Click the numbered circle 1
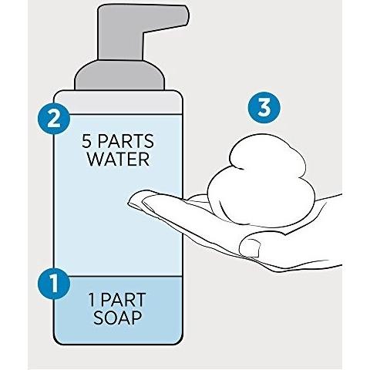click(54, 284)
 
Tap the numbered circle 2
click(54, 119)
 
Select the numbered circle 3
click(264, 107)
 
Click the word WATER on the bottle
click(118, 159)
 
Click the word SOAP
click(118, 317)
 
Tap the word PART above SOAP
click(123, 299)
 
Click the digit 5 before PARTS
click(87, 141)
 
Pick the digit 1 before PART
click(92, 299)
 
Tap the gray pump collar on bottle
click(119, 75)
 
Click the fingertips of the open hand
click(136, 199)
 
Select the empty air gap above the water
click(118, 103)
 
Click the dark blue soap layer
click(118, 310)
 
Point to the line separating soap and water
click(118, 277)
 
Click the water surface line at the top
click(118, 114)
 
